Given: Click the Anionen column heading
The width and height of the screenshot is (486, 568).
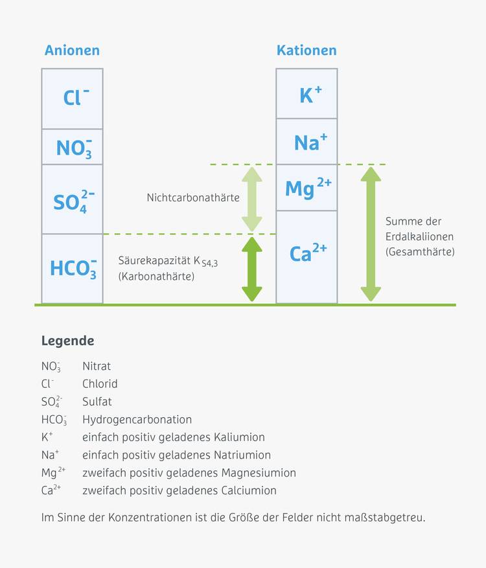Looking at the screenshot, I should tap(72, 51).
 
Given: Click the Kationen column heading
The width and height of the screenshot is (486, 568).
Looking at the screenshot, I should tap(307, 51).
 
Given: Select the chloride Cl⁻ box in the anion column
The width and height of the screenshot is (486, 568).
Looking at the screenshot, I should tap(73, 98).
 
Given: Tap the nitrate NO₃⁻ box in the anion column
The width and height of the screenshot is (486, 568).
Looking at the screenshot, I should tap(73, 147).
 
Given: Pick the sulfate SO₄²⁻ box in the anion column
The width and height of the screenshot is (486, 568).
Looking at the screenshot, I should tap(73, 199).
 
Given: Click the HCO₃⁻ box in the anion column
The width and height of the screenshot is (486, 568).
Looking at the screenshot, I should tap(73, 268).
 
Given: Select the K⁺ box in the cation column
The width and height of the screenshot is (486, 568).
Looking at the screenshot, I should tap(307, 94).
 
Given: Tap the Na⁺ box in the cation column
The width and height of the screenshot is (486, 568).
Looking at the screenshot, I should tap(307, 142).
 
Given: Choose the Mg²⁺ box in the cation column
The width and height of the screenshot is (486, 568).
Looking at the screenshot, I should tap(307, 188).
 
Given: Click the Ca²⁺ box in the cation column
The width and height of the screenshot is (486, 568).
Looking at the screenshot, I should tap(307, 256).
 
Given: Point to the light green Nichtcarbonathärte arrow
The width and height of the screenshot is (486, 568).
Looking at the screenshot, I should tap(251, 199).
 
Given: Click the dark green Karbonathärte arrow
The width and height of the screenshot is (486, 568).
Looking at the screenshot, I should tap(251, 269).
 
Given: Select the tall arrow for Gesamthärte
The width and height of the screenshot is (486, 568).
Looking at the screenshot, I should tap(371, 234).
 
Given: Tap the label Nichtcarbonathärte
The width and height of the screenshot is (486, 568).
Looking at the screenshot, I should tap(193, 198).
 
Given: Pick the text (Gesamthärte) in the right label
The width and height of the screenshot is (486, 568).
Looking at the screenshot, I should tap(420, 251).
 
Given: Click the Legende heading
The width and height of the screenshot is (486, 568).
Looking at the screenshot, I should tap(67, 341).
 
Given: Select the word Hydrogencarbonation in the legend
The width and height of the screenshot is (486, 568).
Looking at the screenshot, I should tap(137, 420).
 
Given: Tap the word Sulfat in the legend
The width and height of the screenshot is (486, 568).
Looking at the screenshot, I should tap(97, 402).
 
